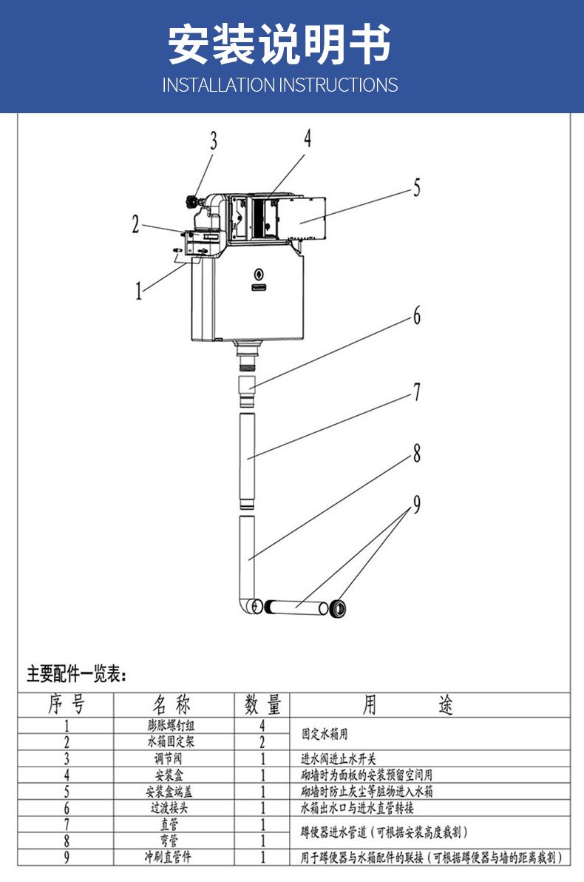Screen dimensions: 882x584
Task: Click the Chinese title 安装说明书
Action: tap(279, 44)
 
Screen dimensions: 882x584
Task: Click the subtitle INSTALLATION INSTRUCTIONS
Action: tap(279, 85)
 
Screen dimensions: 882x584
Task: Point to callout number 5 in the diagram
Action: tap(416, 188)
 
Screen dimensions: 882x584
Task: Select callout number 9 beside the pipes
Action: tap(416, 505)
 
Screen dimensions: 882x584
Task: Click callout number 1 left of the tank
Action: tap(138, 291)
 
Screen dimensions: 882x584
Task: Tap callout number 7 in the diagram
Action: tap(416, 392)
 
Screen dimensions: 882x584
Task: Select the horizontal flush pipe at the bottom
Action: tap(296, 608)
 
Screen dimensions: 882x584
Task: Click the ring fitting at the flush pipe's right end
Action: tap(339, 608)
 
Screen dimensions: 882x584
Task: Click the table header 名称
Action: tap(172, 704)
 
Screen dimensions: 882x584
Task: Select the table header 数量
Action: tap(262, 704)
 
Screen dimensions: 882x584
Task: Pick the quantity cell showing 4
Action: tap(262, 727)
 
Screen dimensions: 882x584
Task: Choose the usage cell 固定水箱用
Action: tap(324, 735)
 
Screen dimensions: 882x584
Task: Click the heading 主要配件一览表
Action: tap(77, 674)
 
